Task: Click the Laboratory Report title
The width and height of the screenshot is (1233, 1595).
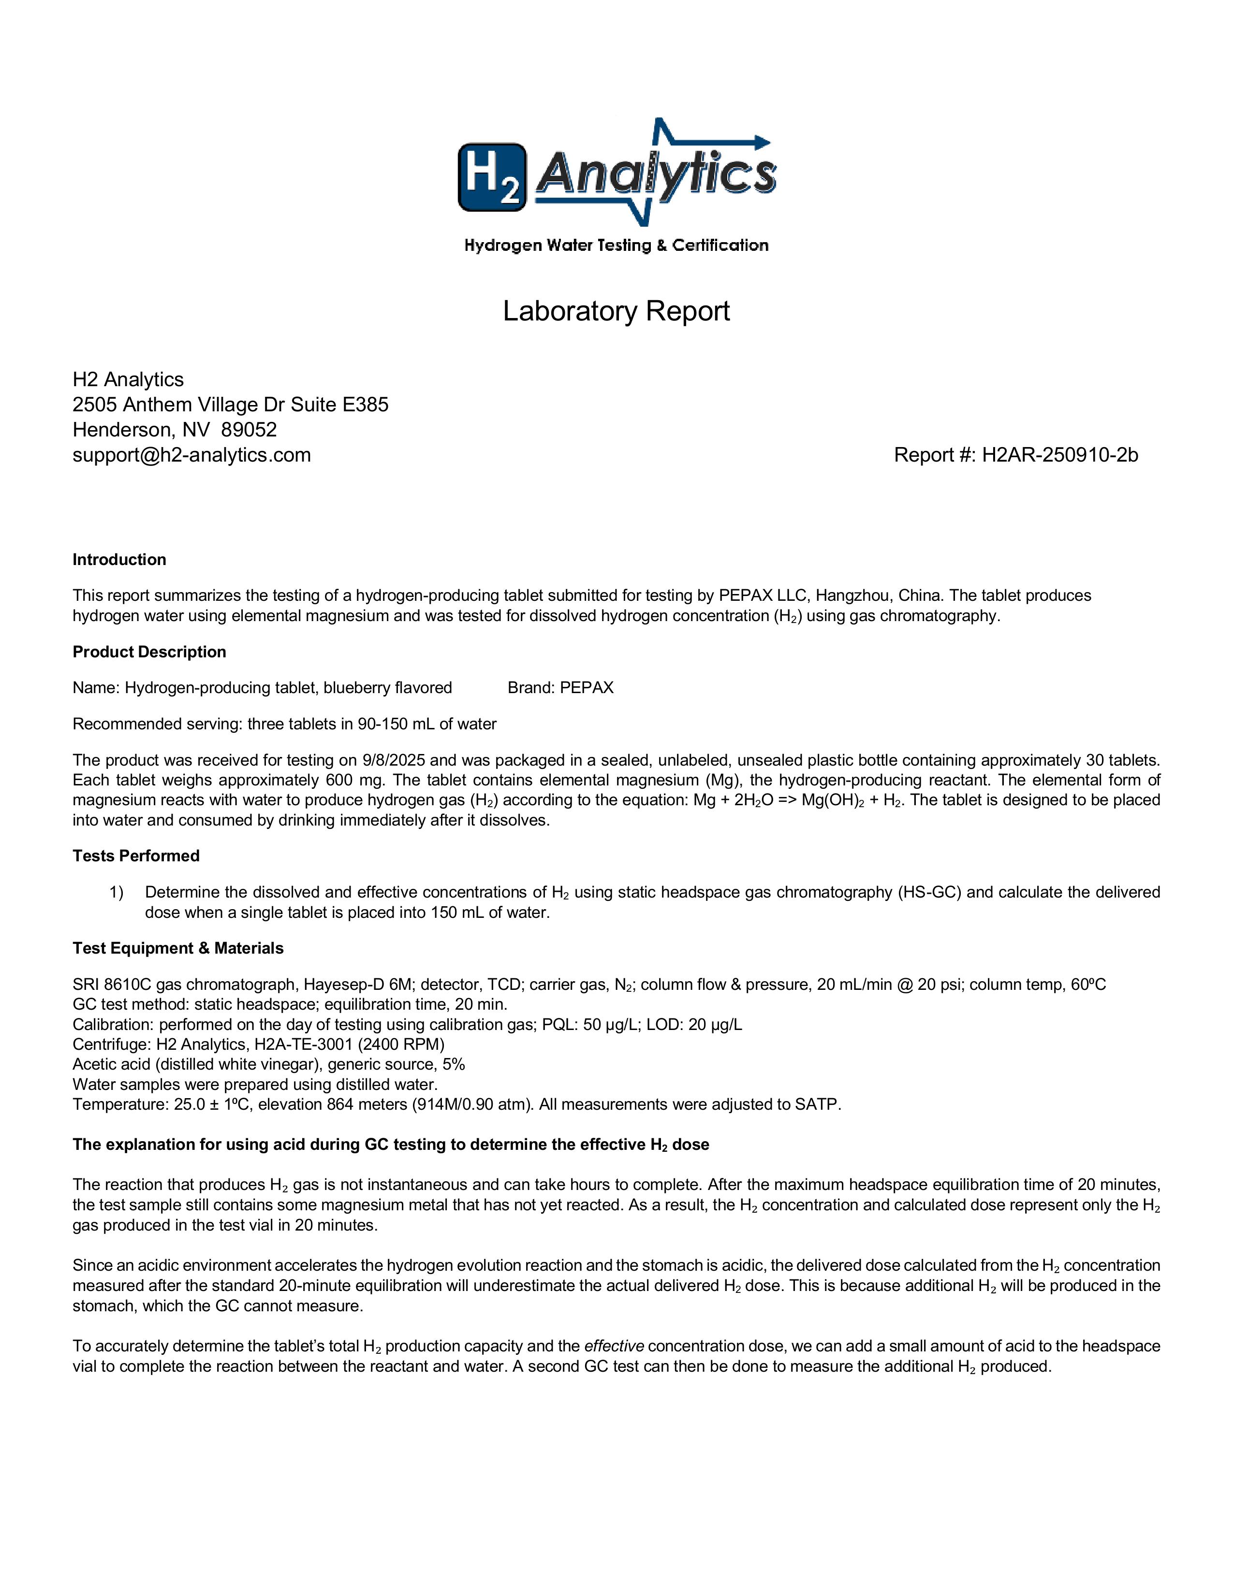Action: coord(616,312)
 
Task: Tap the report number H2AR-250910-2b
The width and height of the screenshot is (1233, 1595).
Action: coord(1059,455)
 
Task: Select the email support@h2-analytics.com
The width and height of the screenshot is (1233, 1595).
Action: coord(191,455)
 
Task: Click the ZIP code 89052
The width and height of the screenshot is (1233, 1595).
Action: coord(249,429)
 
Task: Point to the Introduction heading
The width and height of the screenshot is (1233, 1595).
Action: coord(119,559)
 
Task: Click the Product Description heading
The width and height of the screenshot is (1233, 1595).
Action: coord(149,652)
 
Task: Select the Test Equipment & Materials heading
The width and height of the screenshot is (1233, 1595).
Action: coord(177,948)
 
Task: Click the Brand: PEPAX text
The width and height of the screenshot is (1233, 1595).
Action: coord(560,687)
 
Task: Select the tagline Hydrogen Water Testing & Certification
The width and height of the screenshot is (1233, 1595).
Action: coord(616,246)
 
